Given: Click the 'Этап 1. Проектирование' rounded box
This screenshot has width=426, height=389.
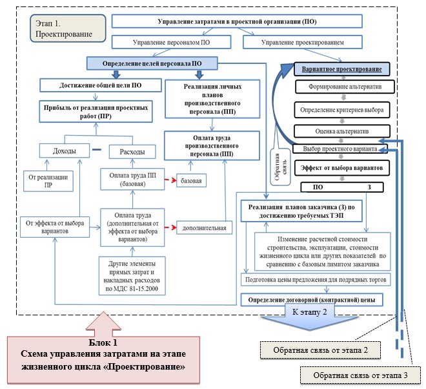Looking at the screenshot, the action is (x=68, y=28).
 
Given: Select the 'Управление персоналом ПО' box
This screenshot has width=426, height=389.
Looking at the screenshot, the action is (x=172, y=42).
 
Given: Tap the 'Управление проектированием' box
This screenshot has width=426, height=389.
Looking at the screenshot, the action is (x=302, y=42).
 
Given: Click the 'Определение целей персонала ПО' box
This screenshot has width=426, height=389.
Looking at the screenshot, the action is (x=152, y=63).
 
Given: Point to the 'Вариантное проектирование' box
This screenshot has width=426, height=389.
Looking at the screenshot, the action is (x=342, y=69).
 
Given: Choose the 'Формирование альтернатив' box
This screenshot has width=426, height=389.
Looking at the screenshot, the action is (x=345, y=87).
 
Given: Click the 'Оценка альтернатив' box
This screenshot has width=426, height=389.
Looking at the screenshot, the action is (x=342, y=131).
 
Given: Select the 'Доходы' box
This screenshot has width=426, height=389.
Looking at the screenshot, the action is (x=65, y=151).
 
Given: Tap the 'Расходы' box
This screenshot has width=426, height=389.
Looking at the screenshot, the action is (x=132, y=151).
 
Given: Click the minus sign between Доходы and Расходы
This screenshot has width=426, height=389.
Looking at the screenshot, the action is (x=97, y=150).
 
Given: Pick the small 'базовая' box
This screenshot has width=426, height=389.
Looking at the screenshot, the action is (x=191, y=181).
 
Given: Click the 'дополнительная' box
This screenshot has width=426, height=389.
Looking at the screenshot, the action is (x=205, y=227).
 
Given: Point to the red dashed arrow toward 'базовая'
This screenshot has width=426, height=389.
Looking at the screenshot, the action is (x=170, y=180).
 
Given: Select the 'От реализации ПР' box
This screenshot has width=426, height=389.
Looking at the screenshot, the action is (x=48, y=181).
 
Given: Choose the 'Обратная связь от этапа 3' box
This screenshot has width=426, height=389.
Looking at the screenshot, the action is (x=360, y=375).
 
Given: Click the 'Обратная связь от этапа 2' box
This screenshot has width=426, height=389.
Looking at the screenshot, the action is (x=320, y=350).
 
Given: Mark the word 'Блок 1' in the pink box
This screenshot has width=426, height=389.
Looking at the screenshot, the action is (x=103, y=342).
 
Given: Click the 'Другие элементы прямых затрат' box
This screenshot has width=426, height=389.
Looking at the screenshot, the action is (x=132, y=276).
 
